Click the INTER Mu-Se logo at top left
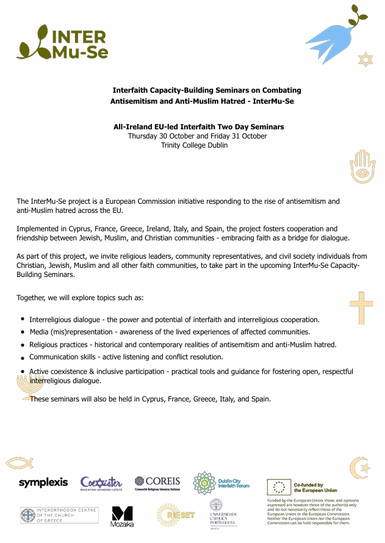pos(63,42)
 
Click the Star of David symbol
pos(365,60)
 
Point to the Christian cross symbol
pos(361,307)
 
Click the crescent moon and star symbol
pos(360,467)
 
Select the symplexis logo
pos(43,483)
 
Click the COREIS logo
pos(157,483)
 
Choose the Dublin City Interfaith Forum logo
pos(220,483)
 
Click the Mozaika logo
pos(122,516)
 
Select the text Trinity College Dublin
pos(194,145)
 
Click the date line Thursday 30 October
pos(197,136)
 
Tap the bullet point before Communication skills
pos(23,356)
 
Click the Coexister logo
pos(101,483)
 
